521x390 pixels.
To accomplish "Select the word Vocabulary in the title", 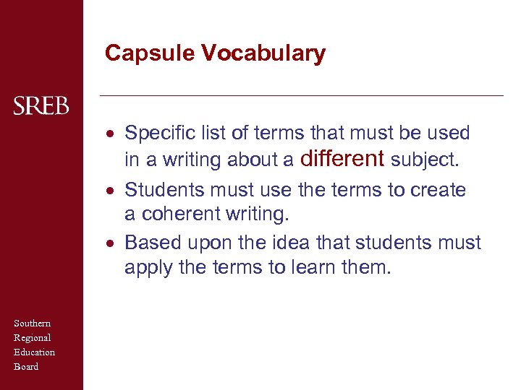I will coord(263,53).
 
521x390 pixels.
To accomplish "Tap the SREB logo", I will coord(41,107).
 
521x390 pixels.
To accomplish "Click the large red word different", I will coord(342,158).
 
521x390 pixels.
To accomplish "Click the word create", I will coord(438,190).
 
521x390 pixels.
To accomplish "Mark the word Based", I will coord(151,243).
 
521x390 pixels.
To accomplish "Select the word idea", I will coord(291,243).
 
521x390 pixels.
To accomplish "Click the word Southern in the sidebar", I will coord(32,324).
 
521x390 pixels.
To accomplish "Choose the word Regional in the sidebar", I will coord(32,338).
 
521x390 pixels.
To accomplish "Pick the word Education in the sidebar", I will coord(34,352).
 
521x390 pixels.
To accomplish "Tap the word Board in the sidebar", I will coord(26,367).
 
